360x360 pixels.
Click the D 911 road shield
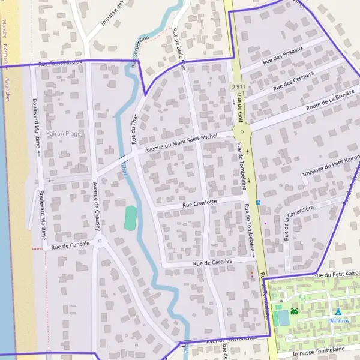pos(238,87)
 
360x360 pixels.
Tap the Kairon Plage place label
pos(64,133)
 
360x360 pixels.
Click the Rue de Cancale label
pos(70,244)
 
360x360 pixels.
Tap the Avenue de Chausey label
pos(96,206)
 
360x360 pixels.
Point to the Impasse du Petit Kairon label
pos(331,165)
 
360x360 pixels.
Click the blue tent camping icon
pos(338,312)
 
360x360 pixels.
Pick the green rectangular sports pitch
pos(130,217)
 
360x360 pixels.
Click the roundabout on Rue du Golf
pos(242,132)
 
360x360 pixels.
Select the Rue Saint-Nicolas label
pos(60,62)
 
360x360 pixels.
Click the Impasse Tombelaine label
pos(319,349)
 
